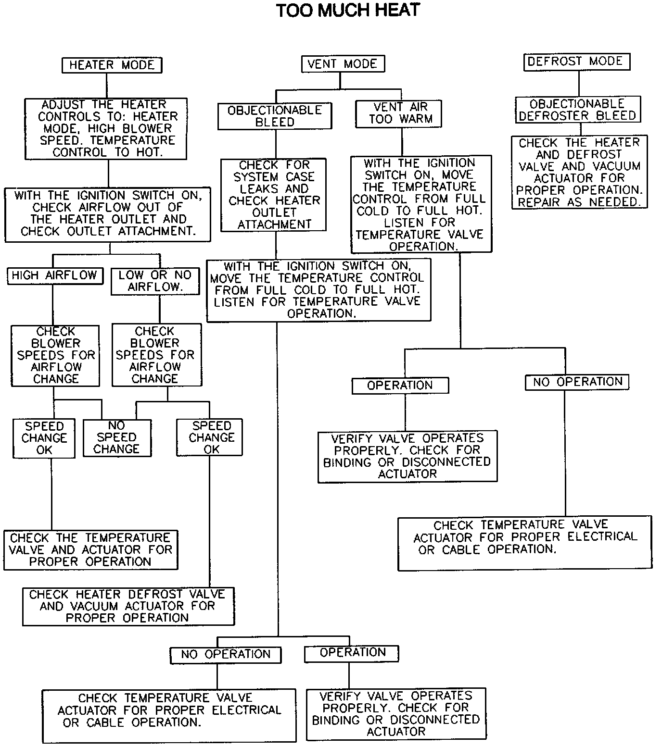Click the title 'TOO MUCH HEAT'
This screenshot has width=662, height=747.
pyautogui.click(x=348, y=11)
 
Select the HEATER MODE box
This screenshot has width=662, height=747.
pyautogui.click(x=112, y=65)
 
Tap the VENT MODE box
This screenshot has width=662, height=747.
pyautogui.click(x=342, y=64)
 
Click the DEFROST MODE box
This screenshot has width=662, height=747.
pyautogui.click(x=576, y=62)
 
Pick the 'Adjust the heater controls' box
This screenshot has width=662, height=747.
pyautogui.click(x=106, y=128)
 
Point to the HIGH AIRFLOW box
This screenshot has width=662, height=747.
pyautogui.click(x=55, y=275)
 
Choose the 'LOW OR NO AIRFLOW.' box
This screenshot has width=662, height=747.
pyautogui.click(x=155, y=281)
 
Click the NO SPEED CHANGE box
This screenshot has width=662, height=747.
pyautogui.click(x=117, y=437)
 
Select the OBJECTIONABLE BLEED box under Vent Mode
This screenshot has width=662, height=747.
pyautogui.click(x=275, y=116)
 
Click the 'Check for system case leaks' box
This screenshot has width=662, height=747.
pyautogui.click(x=274, y=195)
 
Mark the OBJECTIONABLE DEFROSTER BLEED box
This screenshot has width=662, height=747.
pyautogui.click(x=578, y=110)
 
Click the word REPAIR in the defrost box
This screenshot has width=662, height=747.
pyautogui.click(x=539, y=202)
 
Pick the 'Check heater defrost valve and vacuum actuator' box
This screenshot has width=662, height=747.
pyautogui.click(x=128, y=606)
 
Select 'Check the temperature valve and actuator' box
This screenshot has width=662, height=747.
pyautogui.click(x=90, y=550)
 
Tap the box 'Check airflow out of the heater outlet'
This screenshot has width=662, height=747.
pyautogui.click(x=107, y=214)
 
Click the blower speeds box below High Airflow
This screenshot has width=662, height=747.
pyautogui.click(x=55, y=356)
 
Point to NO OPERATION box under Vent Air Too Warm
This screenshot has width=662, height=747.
pyautogui.click(x=577, y=382)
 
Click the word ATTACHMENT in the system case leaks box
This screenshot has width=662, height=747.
pyautogui.click(x=274, y=224)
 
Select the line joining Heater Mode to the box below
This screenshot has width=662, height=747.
pyautogui.click(x=107, y=86)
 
